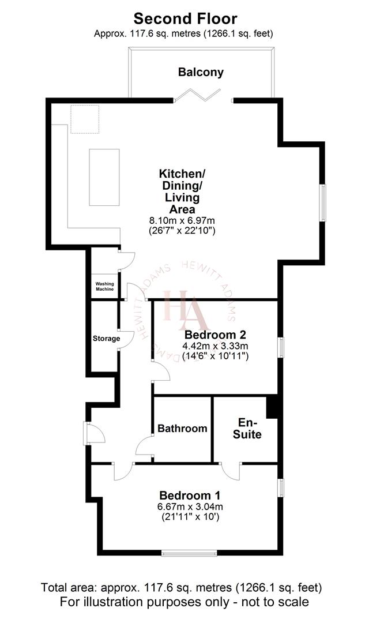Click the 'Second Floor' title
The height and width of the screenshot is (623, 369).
coord(184,20)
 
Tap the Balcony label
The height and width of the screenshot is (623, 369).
coord(201,72)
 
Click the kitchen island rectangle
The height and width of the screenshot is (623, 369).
coord(104,177)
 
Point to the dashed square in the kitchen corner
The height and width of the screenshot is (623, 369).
coord(85,119)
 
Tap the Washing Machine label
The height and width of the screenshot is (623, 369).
coord(104,286)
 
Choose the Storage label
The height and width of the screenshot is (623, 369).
coord(106,339)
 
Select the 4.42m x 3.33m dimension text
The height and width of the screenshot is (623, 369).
coord(215,346)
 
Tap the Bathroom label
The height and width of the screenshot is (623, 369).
coord(182,429)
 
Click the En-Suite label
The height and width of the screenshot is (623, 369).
coord(247,428)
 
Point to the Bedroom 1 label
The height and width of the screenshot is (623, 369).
coord(190,495)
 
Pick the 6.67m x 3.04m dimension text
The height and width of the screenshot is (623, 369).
coord(190,507)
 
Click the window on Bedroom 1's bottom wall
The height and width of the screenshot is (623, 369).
coord(190,552)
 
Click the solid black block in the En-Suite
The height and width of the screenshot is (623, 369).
coord(272,408)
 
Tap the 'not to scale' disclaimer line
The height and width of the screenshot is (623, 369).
coord(184,602)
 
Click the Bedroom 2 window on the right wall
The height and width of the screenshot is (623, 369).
coord(281,348)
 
